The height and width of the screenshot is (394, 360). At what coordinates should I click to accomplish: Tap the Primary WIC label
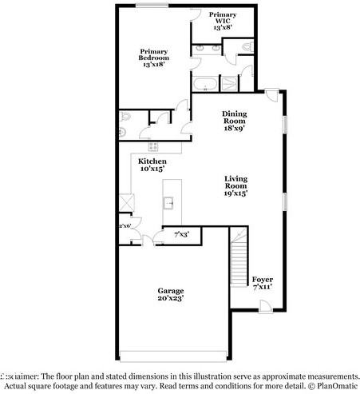222,21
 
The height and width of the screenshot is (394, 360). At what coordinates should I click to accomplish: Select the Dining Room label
236,120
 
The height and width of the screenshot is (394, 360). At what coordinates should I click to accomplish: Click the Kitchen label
152,165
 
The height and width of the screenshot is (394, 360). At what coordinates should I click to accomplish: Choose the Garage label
171,293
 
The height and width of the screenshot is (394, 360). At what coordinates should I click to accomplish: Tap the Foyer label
263,281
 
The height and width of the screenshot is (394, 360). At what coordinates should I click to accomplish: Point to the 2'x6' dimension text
125,226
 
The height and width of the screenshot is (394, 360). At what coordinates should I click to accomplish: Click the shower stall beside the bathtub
231,83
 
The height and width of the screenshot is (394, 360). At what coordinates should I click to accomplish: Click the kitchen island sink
169,203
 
